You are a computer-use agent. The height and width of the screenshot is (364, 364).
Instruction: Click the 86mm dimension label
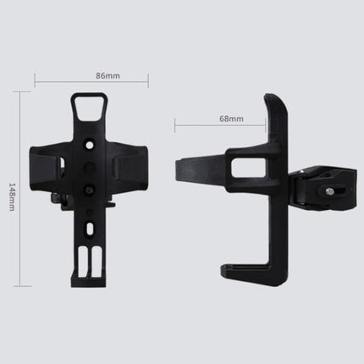(x=91, y=75)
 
